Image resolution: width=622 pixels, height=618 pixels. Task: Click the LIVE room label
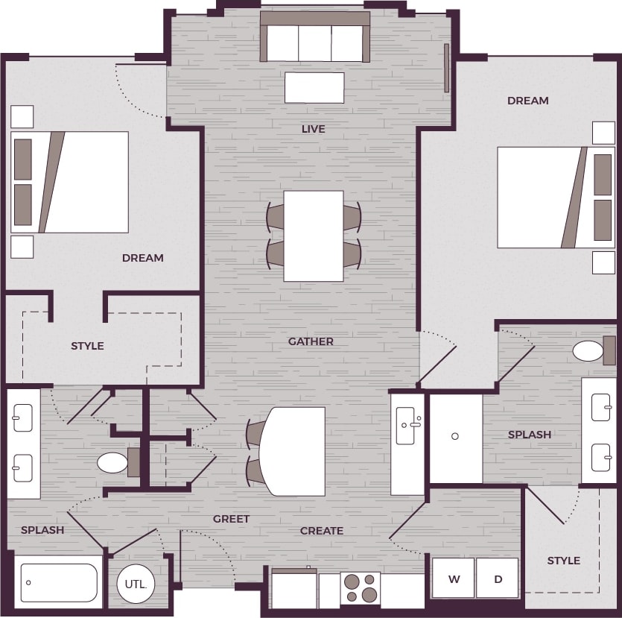tap(314, 129)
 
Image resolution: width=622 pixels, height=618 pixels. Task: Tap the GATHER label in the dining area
tap(311, 341)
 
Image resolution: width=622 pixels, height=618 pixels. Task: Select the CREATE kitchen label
tap(322, 531)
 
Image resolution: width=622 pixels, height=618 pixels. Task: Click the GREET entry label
tap(231, 519)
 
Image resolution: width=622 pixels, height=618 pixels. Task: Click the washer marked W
tap(453, 578)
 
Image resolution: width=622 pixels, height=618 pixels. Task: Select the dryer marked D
tap(498, 578)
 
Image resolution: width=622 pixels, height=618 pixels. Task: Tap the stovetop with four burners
tap(361, 587)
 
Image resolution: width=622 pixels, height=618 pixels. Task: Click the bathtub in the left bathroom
tap(59, 582)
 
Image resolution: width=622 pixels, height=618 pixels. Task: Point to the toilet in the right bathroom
tap(590, 351)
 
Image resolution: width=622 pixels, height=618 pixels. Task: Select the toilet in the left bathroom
tap(114, 462)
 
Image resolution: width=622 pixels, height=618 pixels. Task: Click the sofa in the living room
tap(314, 37)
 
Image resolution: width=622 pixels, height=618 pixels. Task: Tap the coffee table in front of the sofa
tap(314, 87)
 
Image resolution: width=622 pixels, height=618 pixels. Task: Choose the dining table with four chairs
tap(314, 236)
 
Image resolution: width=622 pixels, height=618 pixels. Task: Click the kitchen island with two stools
tap(292, 452)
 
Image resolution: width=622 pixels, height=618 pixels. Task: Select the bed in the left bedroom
tap(70, 182)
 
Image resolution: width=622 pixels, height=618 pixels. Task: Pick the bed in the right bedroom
tap(556, 197)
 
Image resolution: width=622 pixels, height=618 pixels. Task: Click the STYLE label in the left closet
tap(87, 346)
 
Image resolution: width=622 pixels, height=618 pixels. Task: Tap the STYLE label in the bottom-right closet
tap(563, 561)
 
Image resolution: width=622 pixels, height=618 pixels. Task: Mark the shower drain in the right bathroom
tap(455, 436)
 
